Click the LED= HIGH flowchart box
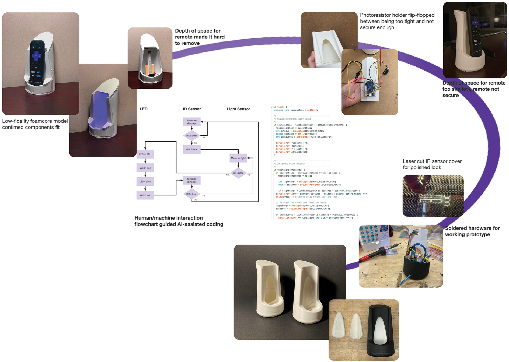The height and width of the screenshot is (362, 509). pyautogui.click(x=145, y=154)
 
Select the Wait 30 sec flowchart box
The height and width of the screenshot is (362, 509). pyautogui.click(x=191, y=149)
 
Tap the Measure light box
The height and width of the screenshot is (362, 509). pyautogui.click(x=238, y=158)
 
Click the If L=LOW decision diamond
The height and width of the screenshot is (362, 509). pyautogui.click(x=238, y=173)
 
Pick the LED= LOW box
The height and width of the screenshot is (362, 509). pyautogui.click(x=145, y=182)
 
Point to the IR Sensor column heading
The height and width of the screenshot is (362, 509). pyautogui.click(x=192, y=109)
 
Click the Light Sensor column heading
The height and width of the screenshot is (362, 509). pyautogui.click(x=238, y=109)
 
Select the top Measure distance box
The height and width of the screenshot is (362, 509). pyautogui.click(x=191, y=122)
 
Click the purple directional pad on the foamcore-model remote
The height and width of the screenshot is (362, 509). pyautogui.click(x=37, y=56)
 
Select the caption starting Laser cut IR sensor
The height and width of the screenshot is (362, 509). pyautogui.click(x=432, y=164)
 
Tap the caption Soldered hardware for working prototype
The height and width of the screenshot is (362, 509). pyautogui.click(x=472, y=231)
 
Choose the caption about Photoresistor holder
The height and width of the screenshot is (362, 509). pyautogui.click(x=397, y=21)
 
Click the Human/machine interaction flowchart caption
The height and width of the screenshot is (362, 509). pyautogui.click(x=179, y=221)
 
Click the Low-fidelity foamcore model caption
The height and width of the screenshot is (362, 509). pyautogui.click(x=35, y=124)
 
